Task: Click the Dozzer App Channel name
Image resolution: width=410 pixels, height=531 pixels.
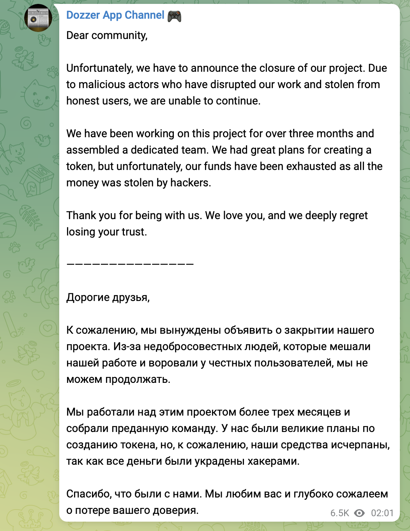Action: (115, 15)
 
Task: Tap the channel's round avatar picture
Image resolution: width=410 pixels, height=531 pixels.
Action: (38, 18)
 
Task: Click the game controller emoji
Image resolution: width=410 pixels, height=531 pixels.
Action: (174, 16)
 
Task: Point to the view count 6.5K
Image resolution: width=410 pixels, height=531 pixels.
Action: (339, 513)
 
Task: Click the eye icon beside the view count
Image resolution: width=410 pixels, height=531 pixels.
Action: (359, 513)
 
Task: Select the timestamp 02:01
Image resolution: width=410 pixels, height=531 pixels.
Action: (382, 513)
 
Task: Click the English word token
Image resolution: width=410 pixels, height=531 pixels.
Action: (80, 166)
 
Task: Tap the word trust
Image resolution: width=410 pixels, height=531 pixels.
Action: (133, 232)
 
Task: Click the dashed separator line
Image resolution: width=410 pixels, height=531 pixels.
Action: (130, 264)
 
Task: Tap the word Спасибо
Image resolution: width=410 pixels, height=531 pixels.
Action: (88, 494)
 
